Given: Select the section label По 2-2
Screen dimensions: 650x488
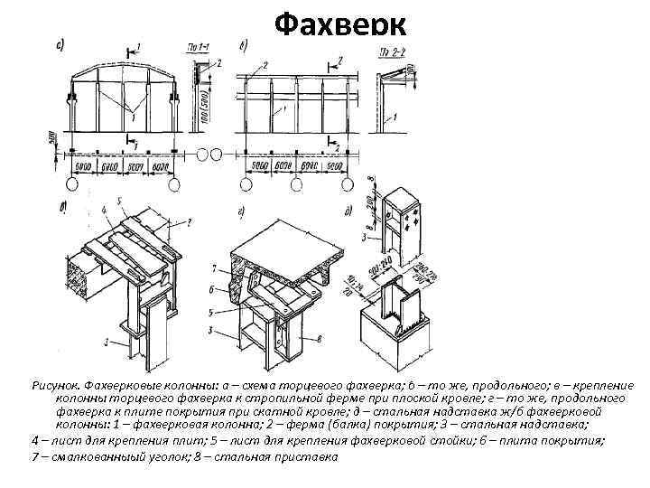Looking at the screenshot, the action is pos(391,47).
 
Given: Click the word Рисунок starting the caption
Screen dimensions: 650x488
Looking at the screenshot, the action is pos(53,384).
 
